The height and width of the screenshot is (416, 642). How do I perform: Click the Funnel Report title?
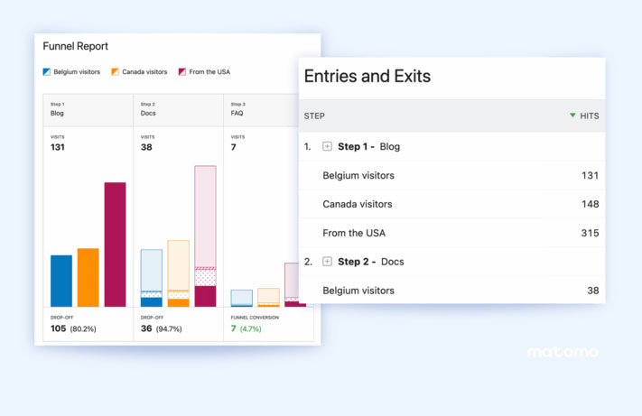76,46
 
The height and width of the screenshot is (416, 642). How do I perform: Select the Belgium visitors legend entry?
71,71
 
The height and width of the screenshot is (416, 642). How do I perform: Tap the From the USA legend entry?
204,71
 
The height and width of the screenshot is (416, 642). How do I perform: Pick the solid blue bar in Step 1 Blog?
61,281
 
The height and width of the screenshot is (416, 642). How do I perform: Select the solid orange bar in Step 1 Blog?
88,277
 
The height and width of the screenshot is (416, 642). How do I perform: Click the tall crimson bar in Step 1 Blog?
115,244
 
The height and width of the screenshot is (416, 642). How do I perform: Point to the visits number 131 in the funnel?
58,147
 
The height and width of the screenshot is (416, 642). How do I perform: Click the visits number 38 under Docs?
147,147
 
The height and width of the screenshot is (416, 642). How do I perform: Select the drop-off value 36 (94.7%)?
162,328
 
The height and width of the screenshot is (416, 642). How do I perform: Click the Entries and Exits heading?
368,77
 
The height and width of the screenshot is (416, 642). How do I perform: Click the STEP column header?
314,116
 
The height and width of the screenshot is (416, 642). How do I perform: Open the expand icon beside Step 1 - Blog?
328,146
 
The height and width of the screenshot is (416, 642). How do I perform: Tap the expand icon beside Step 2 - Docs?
328,262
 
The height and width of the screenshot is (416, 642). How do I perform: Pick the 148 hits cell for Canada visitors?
591,204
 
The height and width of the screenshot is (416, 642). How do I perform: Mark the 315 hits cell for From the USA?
591,233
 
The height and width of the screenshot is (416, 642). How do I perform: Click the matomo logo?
563,352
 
